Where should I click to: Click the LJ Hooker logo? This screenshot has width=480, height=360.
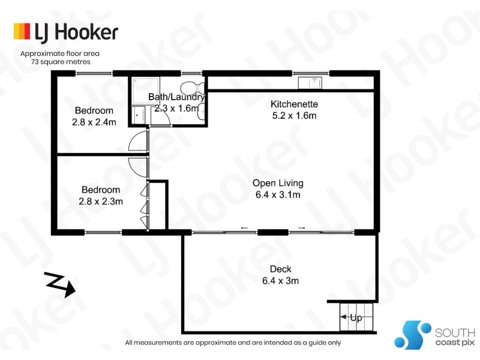[x=65, y=32]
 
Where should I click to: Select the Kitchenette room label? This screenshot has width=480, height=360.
[x=294, y=104]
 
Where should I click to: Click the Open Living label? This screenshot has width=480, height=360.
[x=278, y=183]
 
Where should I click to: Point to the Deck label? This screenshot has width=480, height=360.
[x=280, y=269]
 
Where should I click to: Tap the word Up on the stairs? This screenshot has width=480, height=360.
[x=356, y=318]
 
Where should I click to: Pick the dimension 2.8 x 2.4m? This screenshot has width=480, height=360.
[x=94, y=122]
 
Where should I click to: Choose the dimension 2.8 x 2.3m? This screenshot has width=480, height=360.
[x=101, y=202]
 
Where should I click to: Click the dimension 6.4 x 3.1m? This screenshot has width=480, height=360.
[x=278, y=195]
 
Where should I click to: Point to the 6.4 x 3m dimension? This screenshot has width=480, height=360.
[x=280, y=280]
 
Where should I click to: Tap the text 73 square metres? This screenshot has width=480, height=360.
[x=60, y=61]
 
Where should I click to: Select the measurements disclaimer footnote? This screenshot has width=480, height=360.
[x=233, y=343]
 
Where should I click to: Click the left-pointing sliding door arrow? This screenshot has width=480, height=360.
[x=244, y=228]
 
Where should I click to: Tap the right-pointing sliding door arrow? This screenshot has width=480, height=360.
[x=301, y=228]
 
